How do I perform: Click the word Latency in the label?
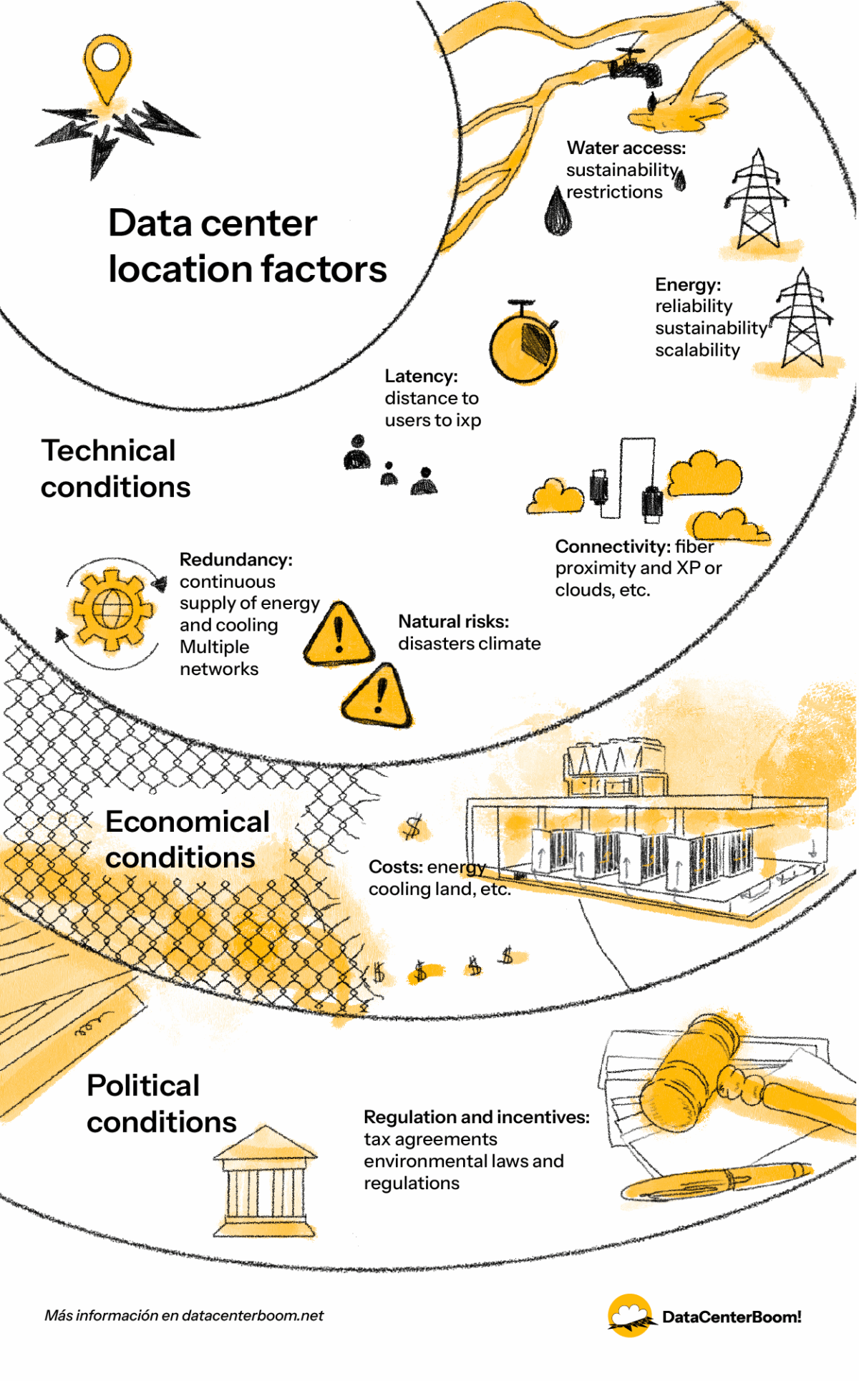click(x=420, y=376)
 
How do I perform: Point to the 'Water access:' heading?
click(x=626, y=147)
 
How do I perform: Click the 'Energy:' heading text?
click(x=687, y=284)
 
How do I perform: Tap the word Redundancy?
click(x=236, y=559)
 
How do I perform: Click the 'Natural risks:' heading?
click(x=453, y=621)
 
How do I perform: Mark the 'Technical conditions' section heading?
click(x=115, y=469)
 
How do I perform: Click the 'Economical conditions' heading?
click(x=186, y=839)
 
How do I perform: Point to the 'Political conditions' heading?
click(x=161, y=1103)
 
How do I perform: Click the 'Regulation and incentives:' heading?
click(x=476, y=1117)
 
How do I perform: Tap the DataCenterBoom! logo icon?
click(x=630, y=1316)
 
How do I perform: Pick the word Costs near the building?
click(x=395, y=867)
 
